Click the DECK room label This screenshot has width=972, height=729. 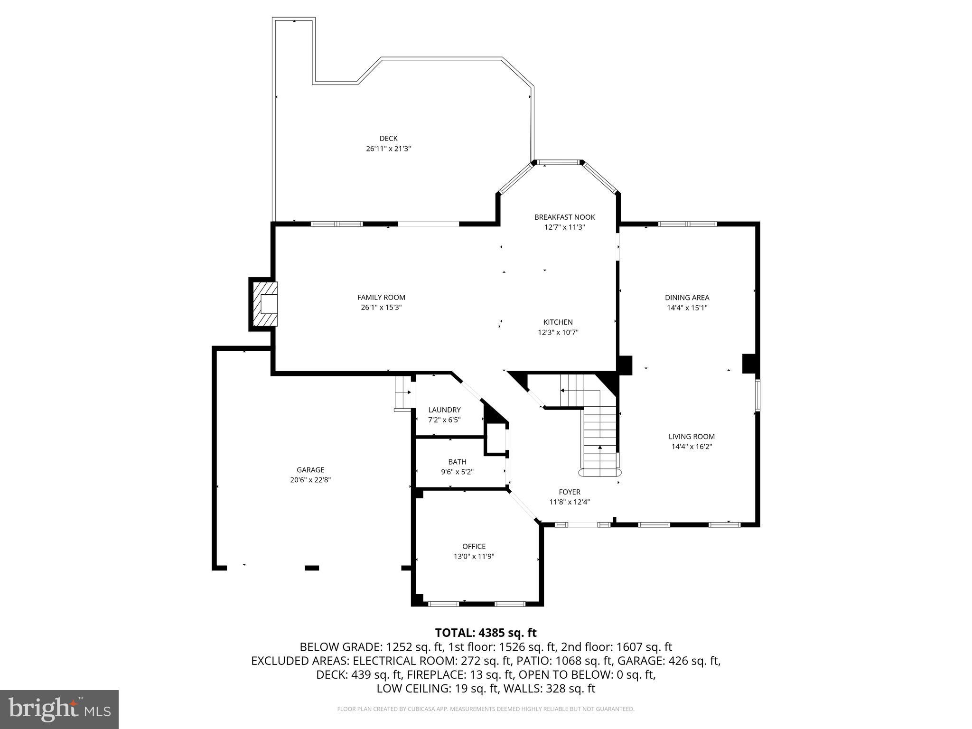click(x=388, y=139)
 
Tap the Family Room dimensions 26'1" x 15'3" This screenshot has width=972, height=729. click(x=381, y=308)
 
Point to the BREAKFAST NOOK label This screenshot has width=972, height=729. click(x=564, y=217)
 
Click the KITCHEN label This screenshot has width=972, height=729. click(x=558, y=322)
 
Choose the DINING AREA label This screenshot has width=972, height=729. click(x=687, y=298)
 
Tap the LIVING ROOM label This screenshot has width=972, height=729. click(x=691, y=437)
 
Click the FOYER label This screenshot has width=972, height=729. click(x=569, y=492)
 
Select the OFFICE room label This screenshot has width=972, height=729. click(x=474, y=546)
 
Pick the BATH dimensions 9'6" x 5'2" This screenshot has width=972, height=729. click(x=457, y=472)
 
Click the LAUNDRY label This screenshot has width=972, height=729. click(x=444, y=410)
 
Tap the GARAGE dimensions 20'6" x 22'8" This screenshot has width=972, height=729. click(x=310, y=480)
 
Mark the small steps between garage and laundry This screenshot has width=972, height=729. click(x=402, y=393)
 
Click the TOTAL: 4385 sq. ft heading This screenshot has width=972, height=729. click(x=486, y=633)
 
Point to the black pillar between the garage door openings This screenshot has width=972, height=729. click(x=311, y=568)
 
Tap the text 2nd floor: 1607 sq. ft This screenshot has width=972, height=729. click(x=617, y=647)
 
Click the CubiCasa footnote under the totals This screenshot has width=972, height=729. click(x=486, y=709)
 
